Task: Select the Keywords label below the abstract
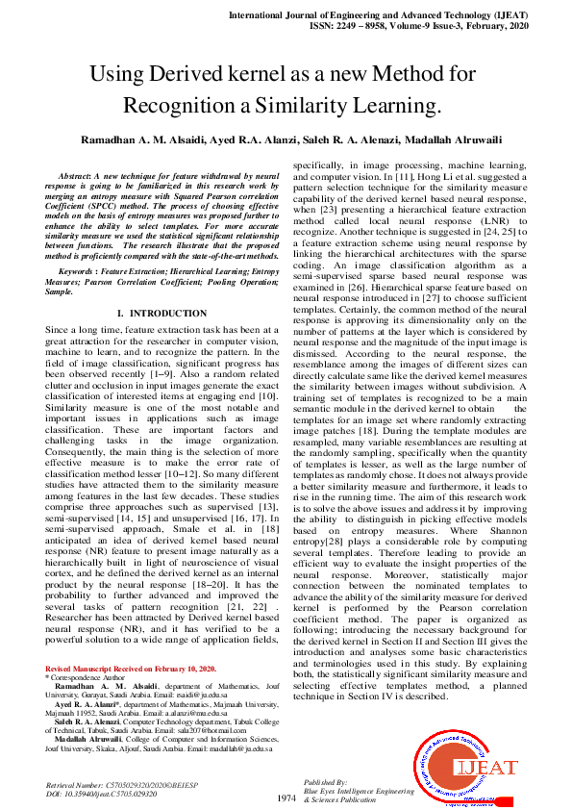click(x=78, y=272)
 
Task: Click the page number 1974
click(x=286, y=798)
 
